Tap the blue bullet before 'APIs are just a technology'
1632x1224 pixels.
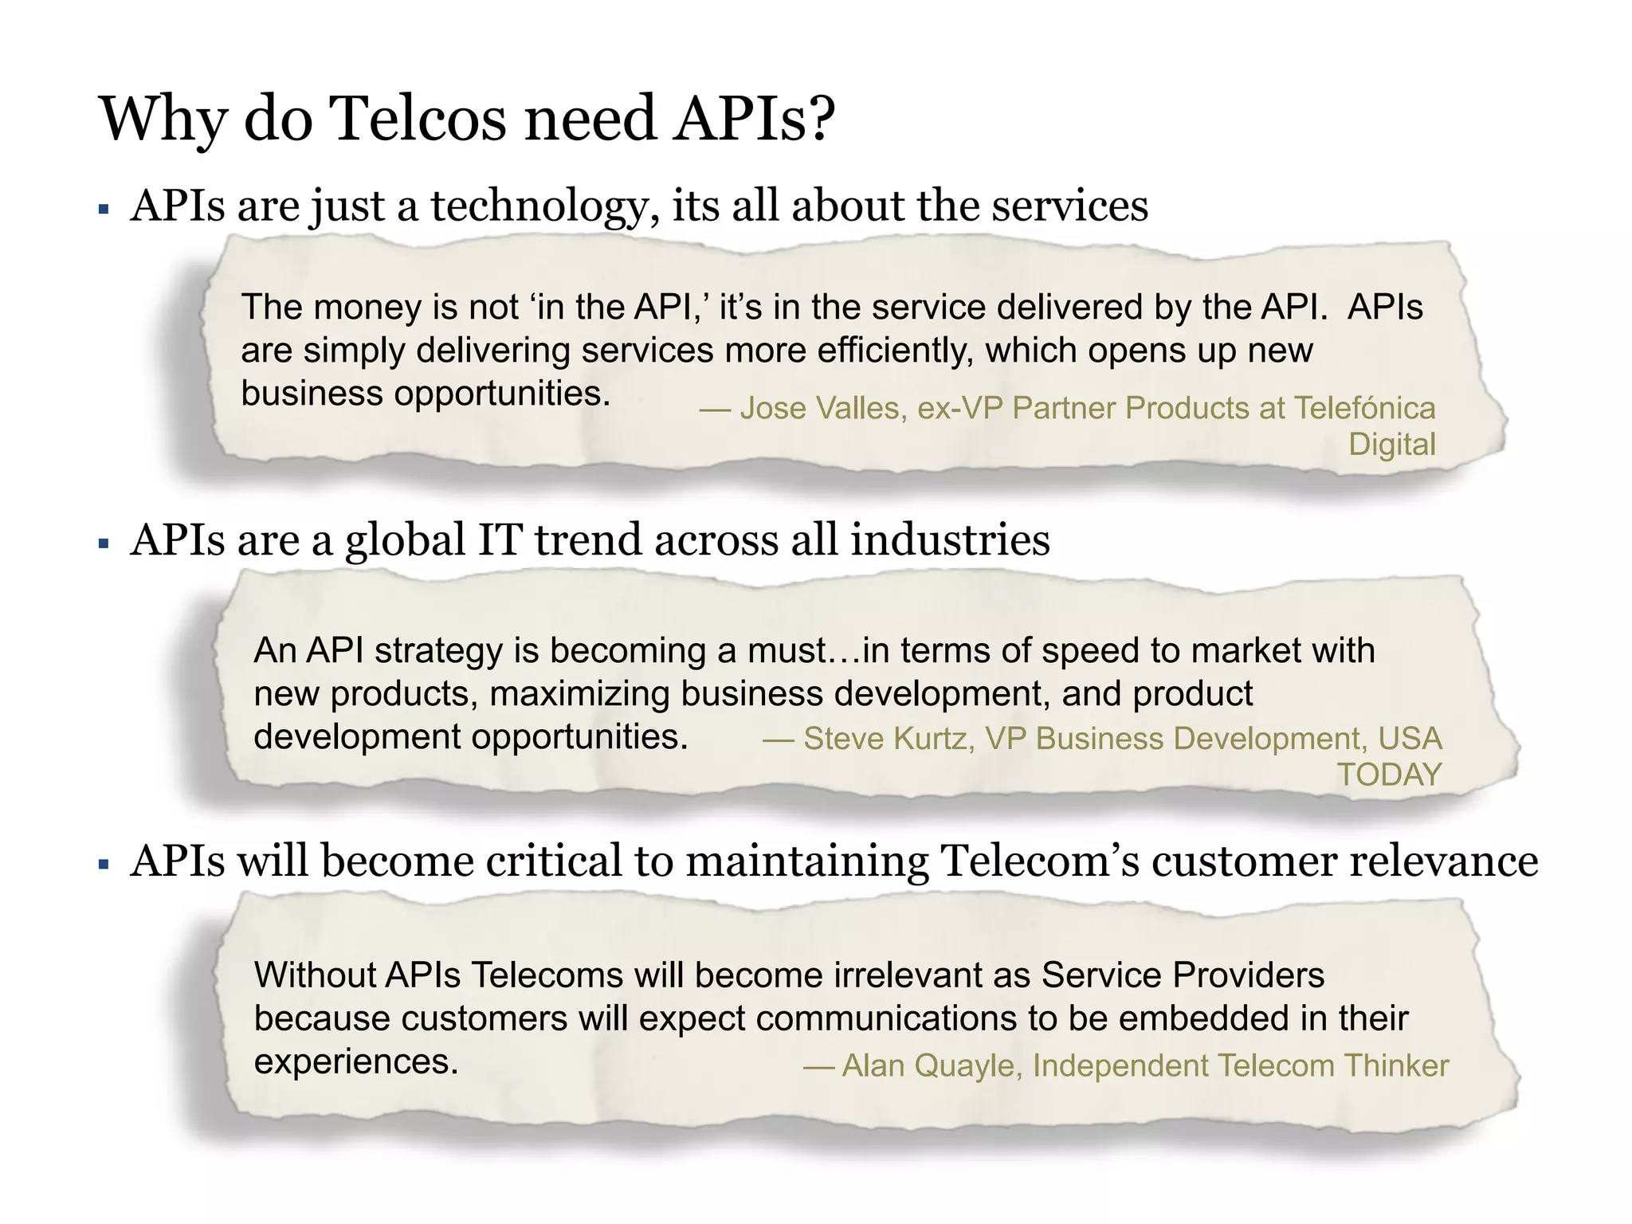click(104, 210)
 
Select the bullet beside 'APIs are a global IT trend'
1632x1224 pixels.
click(104, 544)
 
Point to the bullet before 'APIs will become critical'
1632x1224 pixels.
click(104, 865)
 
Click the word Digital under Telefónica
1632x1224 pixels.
click(1391, 445)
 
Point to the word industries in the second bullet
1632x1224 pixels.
click(950, 540)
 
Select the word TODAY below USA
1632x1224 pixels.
click(1389, 775)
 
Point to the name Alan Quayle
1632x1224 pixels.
click(928, 1066)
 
